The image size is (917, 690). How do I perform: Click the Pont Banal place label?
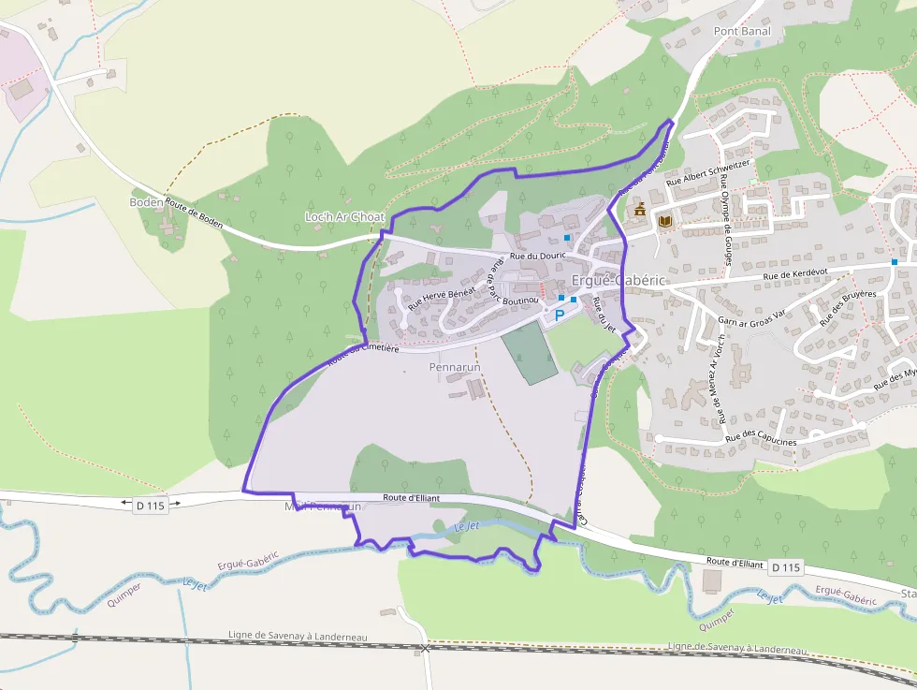click(x=742, y=31)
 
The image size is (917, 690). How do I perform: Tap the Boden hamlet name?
click(x=145, y=202)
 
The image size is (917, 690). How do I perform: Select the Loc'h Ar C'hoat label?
click(x=344, y=217)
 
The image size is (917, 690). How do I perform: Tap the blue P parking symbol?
click(x=560, y=315)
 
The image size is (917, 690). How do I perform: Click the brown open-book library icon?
click(x=665, y=221)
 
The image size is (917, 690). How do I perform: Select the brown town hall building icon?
click(x=640, y=209)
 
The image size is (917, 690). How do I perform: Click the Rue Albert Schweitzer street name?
click(x=708, y=172)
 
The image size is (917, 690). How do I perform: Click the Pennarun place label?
click(x=454, y=367)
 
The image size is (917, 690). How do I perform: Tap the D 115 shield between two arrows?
click(x=150, y=506)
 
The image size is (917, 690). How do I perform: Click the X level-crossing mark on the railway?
click(x=425, y=647)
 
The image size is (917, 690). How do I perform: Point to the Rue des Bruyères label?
click(x=847, y=307)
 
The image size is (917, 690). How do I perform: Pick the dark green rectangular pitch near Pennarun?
click(x=530, y=353)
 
